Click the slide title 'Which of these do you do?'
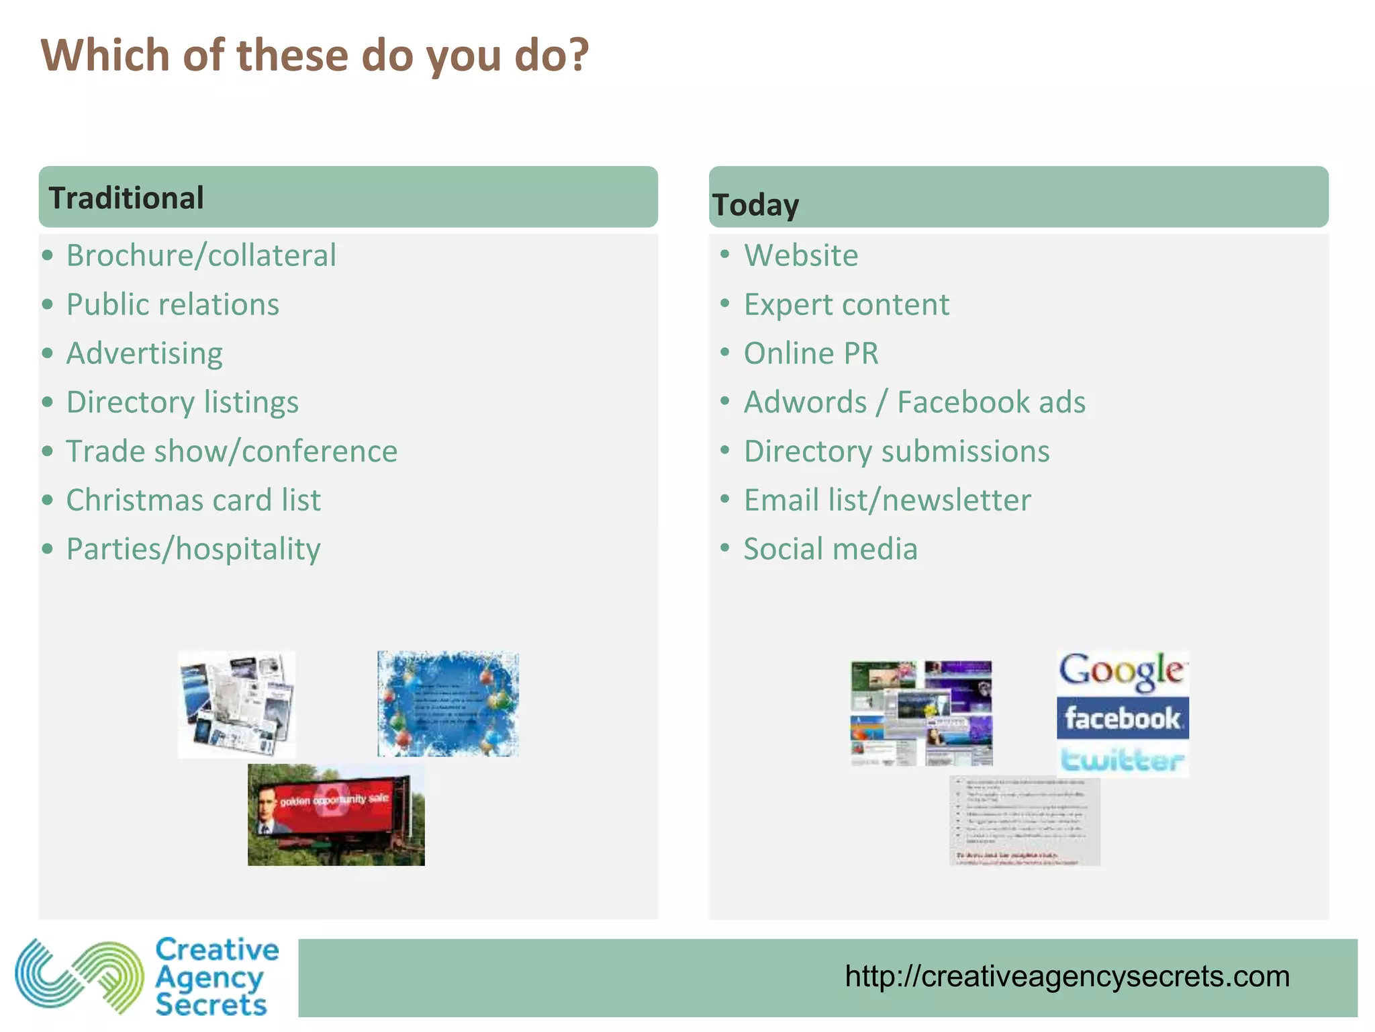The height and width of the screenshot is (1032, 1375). point(314,55)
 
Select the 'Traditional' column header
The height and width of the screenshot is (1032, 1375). point(126,198)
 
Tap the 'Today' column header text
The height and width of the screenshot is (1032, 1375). point(755,205)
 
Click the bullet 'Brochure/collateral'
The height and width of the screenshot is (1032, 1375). point(201,255)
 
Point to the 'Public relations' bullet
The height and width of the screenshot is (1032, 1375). point(173,304)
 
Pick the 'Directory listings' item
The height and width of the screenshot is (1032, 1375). point(182,402)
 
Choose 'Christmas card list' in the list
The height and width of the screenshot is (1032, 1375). point(193,501)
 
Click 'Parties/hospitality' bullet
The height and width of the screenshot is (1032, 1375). point(193,549)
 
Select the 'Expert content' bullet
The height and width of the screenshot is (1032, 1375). point(846,304)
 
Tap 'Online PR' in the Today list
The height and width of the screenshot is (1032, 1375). point(810,353)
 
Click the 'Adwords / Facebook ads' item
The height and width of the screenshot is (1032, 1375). point(914,402)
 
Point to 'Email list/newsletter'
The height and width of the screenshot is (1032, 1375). point(887,501)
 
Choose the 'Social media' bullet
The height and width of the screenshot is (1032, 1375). point(830,549)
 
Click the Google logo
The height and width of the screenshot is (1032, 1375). point(1122,672)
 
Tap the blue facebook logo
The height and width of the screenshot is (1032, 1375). point(1122,718)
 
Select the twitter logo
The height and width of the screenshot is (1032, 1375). point(1122,759)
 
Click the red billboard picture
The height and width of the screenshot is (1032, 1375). point(336,814)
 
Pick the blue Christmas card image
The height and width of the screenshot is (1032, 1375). point(448,703)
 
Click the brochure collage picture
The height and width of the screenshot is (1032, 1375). point(236,704)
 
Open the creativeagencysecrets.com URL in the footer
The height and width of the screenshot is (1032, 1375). point(1067,976)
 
